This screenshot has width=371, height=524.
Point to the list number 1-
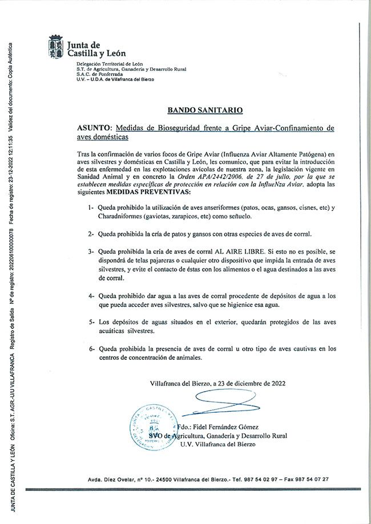point(91,209)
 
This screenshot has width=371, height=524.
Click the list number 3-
point(91,250)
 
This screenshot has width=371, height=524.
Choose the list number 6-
point(91,348)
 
